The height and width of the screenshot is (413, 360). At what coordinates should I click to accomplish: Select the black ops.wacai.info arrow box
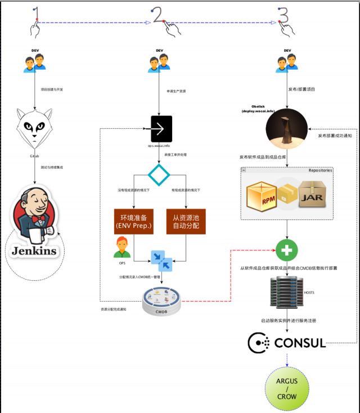coord(161,129)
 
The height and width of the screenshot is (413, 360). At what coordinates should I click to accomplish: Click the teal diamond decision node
coord(159,174)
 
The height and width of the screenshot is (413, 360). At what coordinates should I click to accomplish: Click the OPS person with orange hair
coord(121,248)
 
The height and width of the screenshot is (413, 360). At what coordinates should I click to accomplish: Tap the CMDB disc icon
coord(161,301)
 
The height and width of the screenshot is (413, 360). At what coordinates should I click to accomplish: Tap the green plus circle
coord(287,250)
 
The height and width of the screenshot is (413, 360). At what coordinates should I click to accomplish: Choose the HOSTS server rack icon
coord(286,293)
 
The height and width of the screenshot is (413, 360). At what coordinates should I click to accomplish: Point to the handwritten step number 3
coord(283,15)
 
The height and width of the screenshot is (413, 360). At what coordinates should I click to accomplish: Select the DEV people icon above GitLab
coord(35,62)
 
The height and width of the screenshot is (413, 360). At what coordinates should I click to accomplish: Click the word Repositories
coord(320,170)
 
